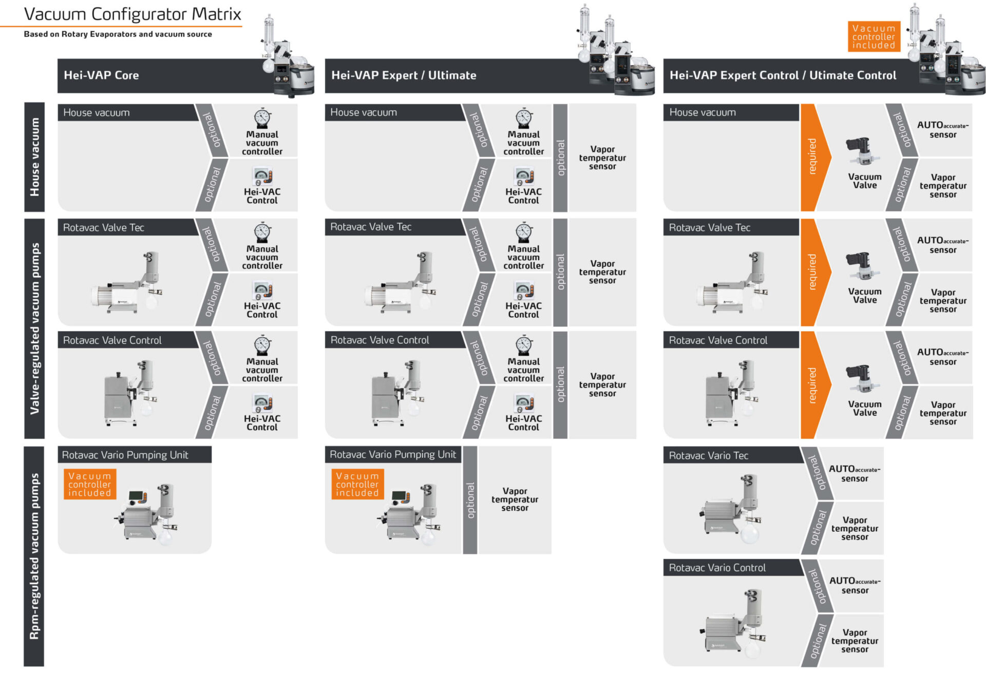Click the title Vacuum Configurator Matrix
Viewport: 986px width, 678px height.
(x=132, y=14)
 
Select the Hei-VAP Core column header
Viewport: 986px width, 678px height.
(x=101, y=75)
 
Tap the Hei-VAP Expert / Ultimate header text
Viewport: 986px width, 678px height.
(x=404, y=75)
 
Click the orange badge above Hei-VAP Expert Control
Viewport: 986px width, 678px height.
(x=873, y=37)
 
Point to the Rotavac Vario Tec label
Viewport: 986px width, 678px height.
(x=708, y=455)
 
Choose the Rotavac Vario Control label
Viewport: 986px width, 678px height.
(x=717, y=568)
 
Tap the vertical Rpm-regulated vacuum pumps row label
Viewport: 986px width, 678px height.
(x=34, y=556)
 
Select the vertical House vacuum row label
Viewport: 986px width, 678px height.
(x=34, y=157)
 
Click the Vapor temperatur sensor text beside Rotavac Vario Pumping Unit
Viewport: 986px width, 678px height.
(x=515, y=499)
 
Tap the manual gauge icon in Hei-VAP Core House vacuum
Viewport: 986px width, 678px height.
(x=262, y=118)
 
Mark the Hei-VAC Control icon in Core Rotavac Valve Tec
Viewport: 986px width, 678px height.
(x=262, y=290)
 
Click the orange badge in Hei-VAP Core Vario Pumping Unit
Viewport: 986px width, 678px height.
(x=90, y=484)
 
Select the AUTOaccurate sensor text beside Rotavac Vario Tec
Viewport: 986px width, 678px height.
(x=855, y=473)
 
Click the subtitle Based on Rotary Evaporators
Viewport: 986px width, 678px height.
(x=118, y=34)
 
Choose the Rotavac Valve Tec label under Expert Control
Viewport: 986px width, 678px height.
(x=709, y=227)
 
